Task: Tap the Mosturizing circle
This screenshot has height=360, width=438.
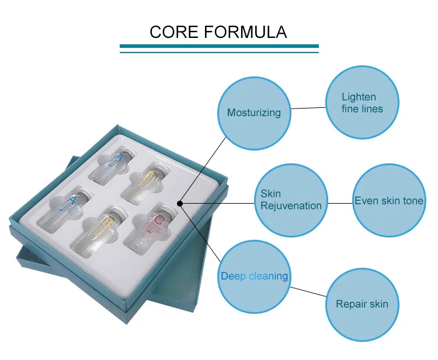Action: coord(253,113)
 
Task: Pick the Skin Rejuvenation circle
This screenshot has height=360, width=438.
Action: coord(291,200)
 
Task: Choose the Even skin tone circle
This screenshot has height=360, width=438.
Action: coord(389,201)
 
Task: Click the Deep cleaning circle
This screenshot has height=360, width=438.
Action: coord(255,276)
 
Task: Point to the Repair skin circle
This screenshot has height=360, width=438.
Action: coord(361,304)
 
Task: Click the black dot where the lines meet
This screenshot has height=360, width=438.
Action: coord(180,204)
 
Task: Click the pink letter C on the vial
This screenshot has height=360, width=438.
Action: coord(158,222)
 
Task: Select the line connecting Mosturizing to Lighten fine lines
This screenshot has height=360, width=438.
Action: coord(308,108)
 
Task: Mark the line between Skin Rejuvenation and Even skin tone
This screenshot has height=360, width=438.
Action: coord(340,203)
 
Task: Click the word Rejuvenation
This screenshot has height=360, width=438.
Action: coord(291,205)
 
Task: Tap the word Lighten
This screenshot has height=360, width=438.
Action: coord(359,97)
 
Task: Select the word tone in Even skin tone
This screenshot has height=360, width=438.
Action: coord(412,201)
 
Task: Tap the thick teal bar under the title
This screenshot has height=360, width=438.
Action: coord(219,46)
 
